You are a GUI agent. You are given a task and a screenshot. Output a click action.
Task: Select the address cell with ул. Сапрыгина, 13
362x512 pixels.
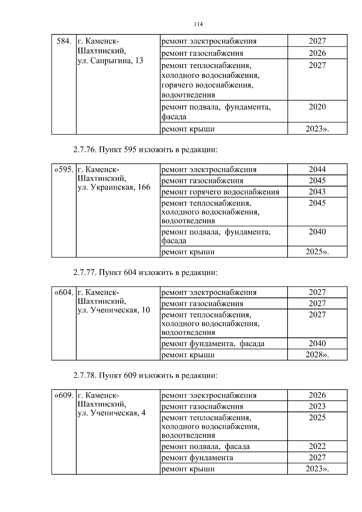click(x=110, y=61)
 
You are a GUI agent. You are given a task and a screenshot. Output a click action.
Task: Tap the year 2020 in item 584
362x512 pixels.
click(x=317, y=107)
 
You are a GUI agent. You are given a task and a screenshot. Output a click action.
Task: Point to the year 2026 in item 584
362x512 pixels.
click(x=317, y=53)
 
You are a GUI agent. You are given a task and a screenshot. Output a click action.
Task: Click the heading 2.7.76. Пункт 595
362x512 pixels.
click(x=145, y=150)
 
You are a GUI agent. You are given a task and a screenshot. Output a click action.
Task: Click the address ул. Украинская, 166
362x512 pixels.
click(x=114, y=187)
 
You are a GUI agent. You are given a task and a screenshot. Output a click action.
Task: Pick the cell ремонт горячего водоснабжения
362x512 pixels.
click(x=220, y=192)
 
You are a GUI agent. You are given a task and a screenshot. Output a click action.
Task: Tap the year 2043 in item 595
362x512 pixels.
click(x=317, y=192)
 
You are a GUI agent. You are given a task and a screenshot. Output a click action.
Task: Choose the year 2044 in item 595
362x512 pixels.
click(x=317, y=169)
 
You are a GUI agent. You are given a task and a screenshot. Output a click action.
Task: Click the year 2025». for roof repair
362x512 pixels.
click(x=317, y=252)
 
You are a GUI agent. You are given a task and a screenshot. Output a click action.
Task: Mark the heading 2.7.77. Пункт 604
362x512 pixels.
click(x=145, y=273)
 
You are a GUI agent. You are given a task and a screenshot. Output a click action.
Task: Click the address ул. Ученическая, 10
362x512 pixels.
click(x=114, y=310)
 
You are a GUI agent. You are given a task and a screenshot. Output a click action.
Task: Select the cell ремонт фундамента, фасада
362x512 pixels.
click(x=213, y=344)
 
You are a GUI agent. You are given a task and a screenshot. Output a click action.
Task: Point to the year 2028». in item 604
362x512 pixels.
click(x=317, y=355)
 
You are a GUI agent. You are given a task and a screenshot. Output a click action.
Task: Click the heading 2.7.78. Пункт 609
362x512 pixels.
click(x=145, y=375)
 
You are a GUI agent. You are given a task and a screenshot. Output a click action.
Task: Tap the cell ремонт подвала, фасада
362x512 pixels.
click(x=206, y=447)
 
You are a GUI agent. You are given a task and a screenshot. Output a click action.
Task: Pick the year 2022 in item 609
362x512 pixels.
click(x=317, y=447)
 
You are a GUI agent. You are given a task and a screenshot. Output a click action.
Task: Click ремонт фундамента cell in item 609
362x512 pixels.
click(x=197, y=458)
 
